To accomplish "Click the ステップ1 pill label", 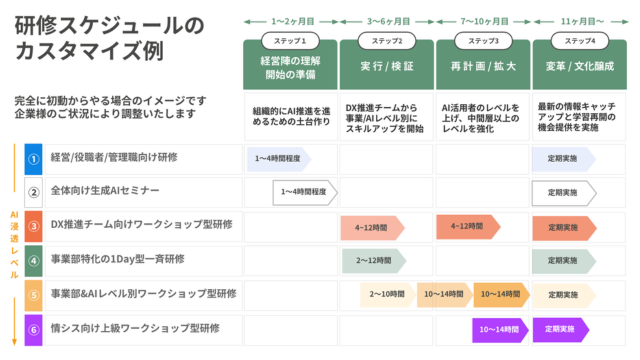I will tap(290, 41).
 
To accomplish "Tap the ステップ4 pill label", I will tap(580, 41).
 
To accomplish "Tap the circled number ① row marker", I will tap(33, 158).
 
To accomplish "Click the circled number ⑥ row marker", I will tap(33, 329).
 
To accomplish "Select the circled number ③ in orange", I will tap(33, 226).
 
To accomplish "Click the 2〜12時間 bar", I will tap(373, 261).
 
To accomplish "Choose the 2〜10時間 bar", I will tap(386, 295).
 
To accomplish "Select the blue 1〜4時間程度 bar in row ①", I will tap(278, 158).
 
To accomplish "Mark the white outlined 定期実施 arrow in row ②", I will tap(562, 192).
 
